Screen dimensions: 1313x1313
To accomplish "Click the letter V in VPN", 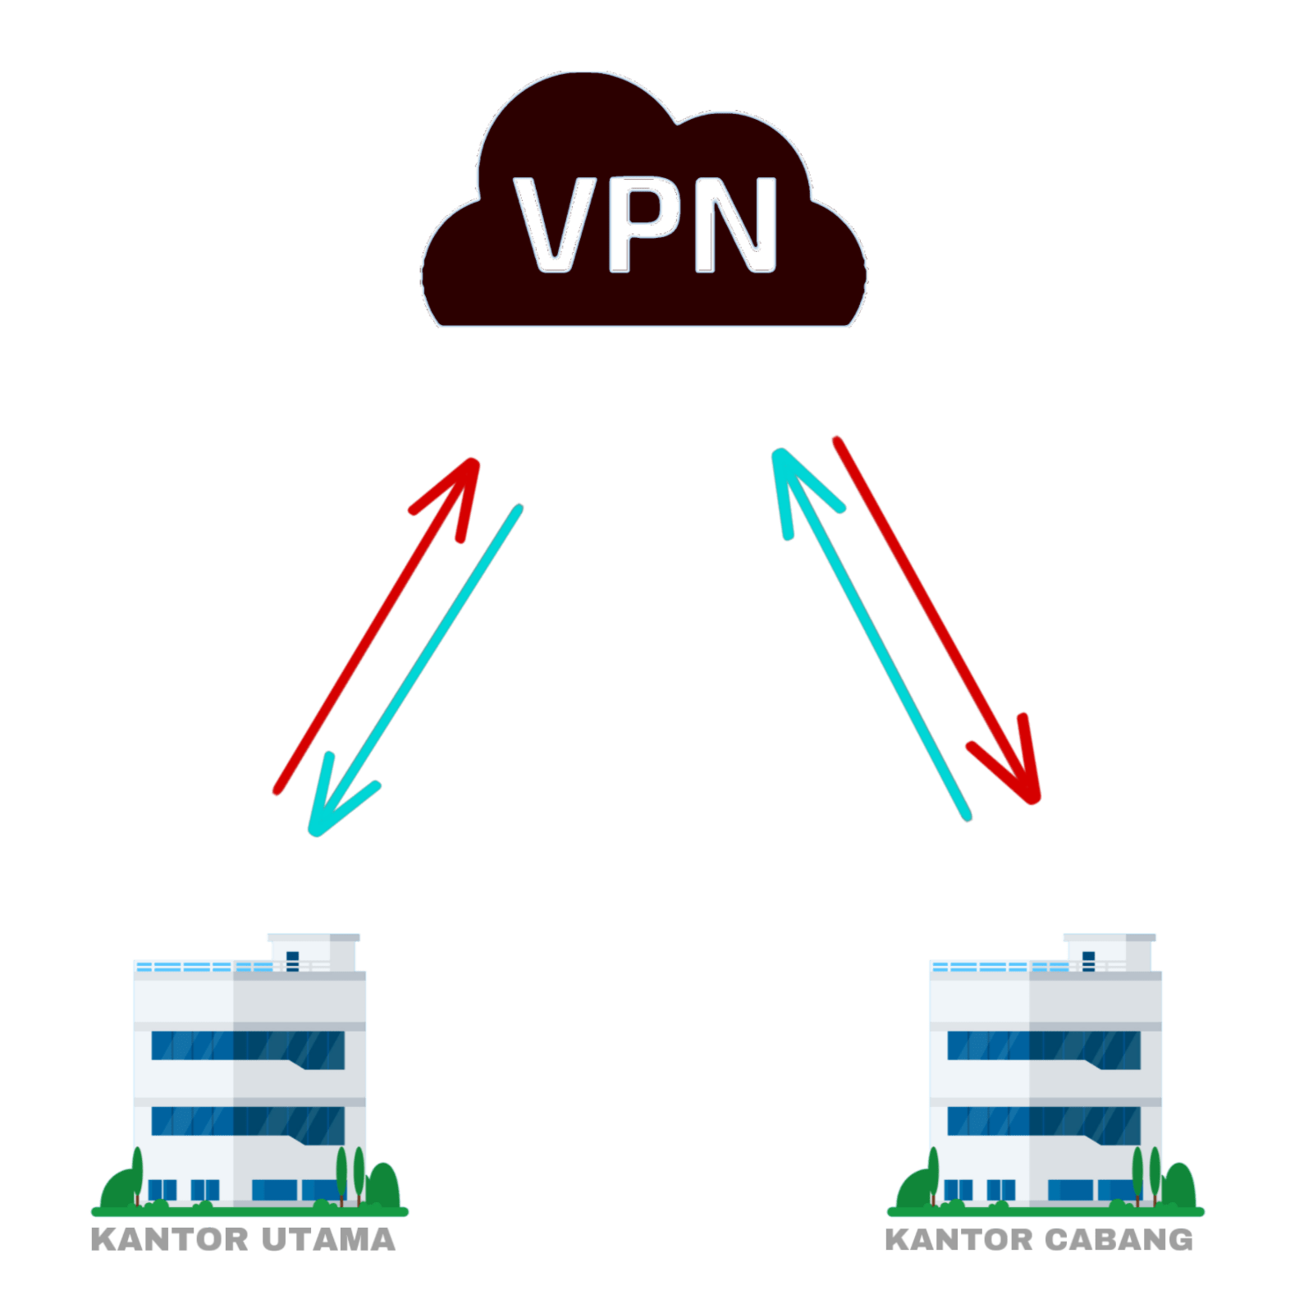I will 555,225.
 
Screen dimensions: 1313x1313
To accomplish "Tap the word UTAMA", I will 329,1239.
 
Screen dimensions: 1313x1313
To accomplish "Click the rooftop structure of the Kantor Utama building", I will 313,952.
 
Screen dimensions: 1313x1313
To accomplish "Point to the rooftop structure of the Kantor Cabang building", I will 1109,952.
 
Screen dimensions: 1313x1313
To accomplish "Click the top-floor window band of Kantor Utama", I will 246,1049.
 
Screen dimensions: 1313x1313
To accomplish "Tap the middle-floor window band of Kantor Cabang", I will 1042,1123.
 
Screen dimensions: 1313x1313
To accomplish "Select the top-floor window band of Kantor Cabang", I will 1042,1049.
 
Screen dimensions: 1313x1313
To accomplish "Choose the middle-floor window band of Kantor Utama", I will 246,1123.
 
